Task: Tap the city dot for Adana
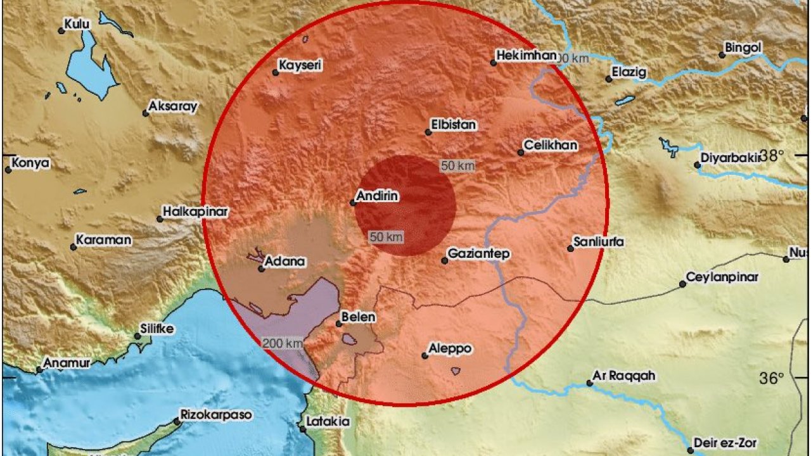point(261,269)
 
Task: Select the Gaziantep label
point(478,253)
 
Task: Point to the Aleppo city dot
point(425,356)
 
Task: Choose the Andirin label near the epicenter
point(377,196)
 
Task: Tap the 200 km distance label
point(282,343)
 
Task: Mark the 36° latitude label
point(772,378)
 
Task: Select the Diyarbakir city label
point(730,158)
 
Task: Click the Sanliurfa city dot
point(570,249)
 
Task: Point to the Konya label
point(30,163)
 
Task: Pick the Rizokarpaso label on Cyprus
point(216,415)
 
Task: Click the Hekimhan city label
point(527,56)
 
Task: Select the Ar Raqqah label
point(624,376)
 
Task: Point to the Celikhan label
point(549,146)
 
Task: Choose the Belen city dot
point(339,324)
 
